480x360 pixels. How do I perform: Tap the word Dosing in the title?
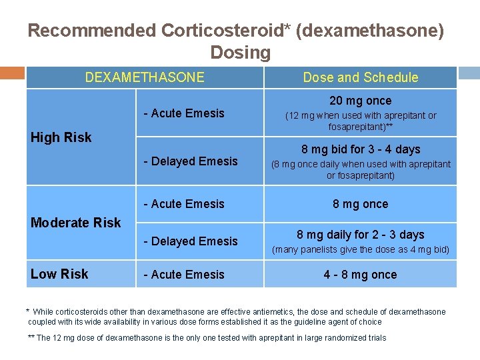coord(240,52)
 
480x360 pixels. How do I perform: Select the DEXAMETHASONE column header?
coord(145,77)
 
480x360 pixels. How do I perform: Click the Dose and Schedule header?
coord(361,77)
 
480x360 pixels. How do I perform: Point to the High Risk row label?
coord(61,137)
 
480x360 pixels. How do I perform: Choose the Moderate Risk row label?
coord(76,223)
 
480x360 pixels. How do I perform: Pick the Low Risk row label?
coord(59,274)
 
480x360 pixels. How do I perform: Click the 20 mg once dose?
coord(361,101)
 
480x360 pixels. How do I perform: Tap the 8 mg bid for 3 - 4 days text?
coord(361,149)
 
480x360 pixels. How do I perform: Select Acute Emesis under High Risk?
coord(185,113)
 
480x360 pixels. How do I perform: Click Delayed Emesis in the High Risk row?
coord(191,161)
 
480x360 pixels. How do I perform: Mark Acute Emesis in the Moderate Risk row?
coord(185,204)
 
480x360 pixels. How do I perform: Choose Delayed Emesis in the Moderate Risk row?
coord(191,241)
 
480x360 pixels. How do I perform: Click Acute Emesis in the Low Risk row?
coord(185,274)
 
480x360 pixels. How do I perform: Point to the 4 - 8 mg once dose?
coord(361,275)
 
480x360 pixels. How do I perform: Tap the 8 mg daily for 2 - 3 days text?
coord(361,235)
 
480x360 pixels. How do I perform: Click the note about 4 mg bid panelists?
coord(361,250)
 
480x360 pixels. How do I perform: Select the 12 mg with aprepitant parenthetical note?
coord(361,121)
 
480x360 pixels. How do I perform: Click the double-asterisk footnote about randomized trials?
coord(207,338)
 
